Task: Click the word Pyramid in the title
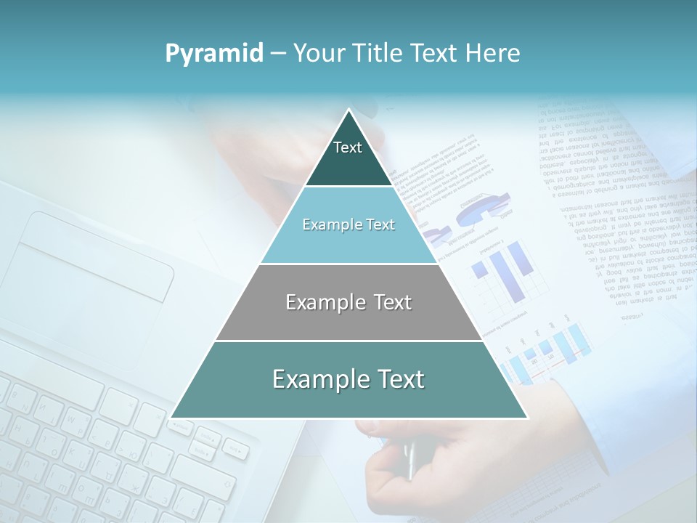coord(213,53)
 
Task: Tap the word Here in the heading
coord(494,53)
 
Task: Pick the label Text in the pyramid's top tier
coord(348,147)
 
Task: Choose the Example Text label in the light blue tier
coord(348,224)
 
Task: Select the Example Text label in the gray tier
coord(348,302)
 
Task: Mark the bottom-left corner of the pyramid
coord(172,418)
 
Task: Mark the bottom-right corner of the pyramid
coord(526,418)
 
